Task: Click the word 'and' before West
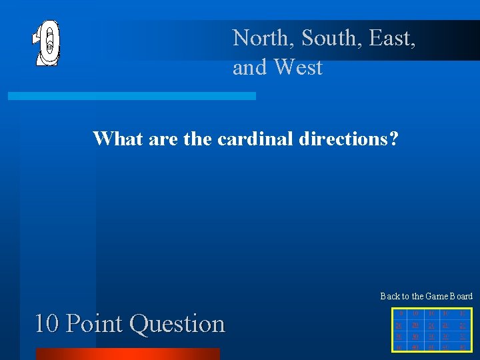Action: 249,67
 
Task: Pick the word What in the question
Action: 115,139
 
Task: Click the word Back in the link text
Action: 389,296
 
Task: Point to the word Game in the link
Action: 439,296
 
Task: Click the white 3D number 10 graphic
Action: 47,43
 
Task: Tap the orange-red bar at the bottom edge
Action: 127,354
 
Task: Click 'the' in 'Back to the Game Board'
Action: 418,296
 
